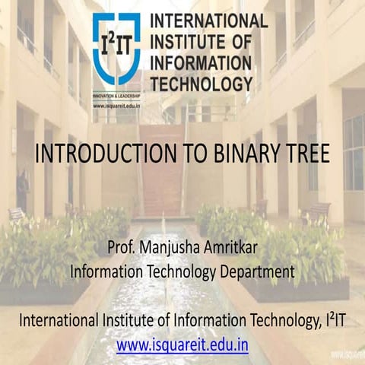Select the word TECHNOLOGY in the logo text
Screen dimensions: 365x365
pyautogui.click(x=202, y=84)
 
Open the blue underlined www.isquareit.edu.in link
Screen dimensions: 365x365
pyautogui.click(x=182, y=343)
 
